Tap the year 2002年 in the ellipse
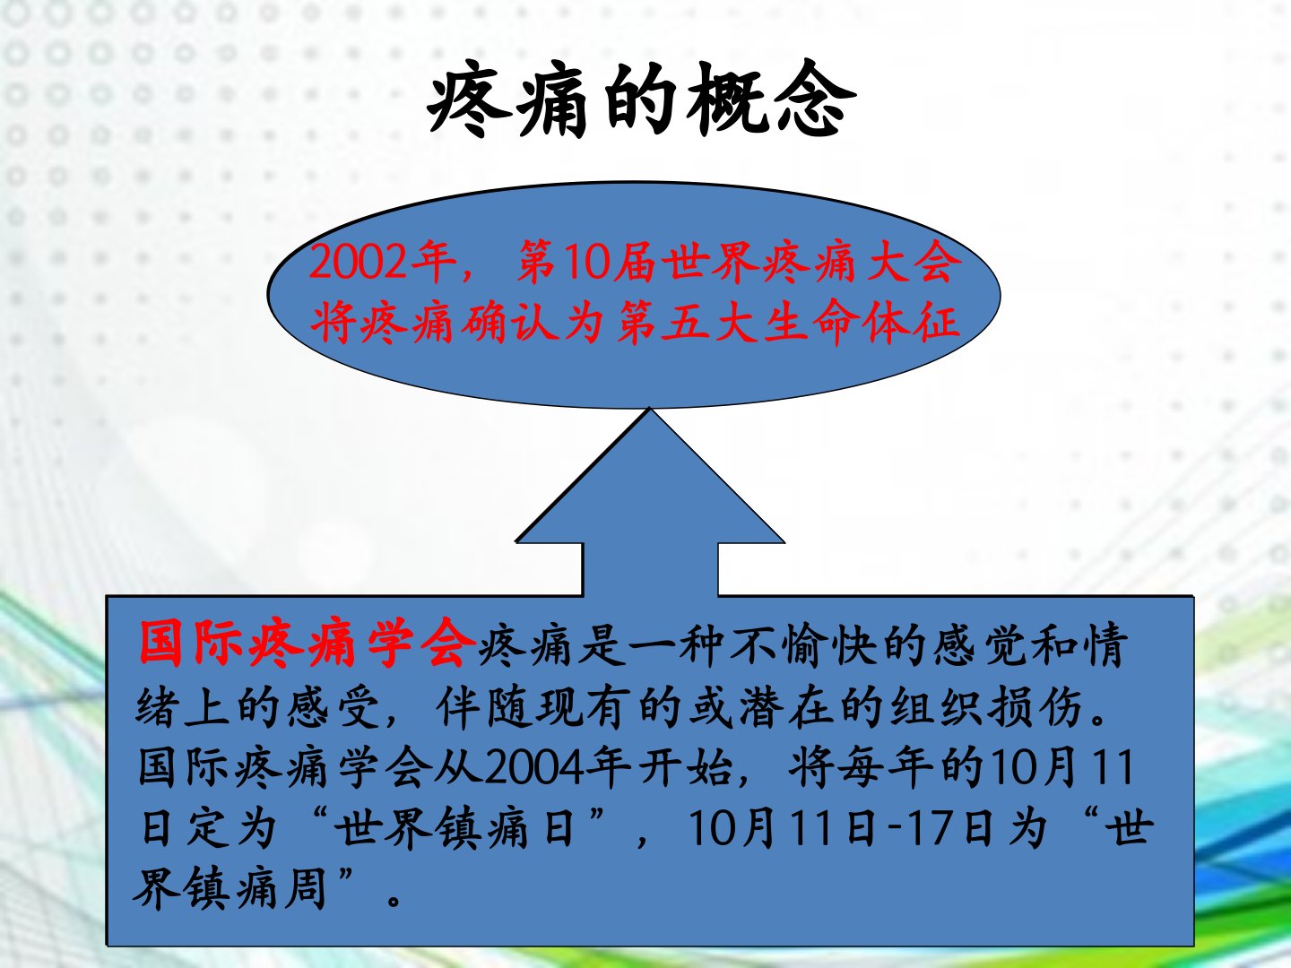coord(382,262)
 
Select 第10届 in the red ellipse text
coord(585,262)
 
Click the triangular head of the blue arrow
coord(650,476)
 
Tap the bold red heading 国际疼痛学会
coord(307,643)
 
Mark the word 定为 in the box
coord(232,828)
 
